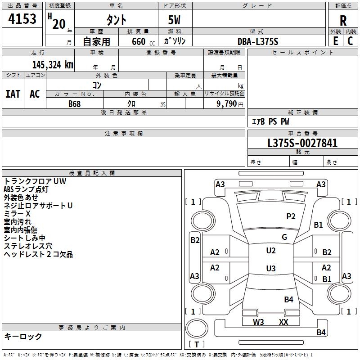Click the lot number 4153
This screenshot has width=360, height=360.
pos(22,19)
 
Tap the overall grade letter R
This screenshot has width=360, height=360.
pos(343,20)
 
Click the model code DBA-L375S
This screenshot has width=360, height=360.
pos(258,41)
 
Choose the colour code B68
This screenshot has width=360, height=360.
pos(75,103)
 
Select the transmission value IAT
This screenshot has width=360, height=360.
pos(13,94)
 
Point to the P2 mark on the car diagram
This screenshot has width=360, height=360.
pos(291,216)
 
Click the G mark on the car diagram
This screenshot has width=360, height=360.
pos(284,237)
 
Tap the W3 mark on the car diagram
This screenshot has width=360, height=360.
pos(258,322)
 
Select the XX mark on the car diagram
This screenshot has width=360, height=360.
pos(283,322)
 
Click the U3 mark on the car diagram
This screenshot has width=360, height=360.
pos(271,269)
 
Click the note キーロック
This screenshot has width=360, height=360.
pos(23,336)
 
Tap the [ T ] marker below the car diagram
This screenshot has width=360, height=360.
pos(197,344)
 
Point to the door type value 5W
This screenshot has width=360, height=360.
pos(175,20)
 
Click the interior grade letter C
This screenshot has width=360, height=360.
pos(351,41)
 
